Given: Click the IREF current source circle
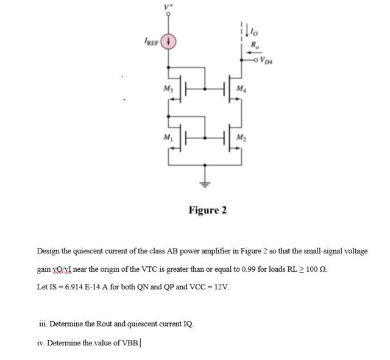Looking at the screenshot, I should point(170,42).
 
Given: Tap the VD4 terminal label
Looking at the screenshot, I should point(267,59).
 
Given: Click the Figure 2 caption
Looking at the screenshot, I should point(207,210).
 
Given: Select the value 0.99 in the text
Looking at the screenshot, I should point(241,269).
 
